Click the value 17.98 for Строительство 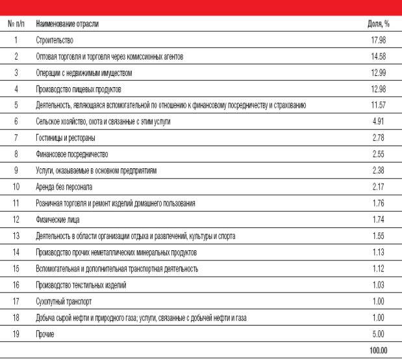click(x=380, y=40)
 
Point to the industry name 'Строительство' click(x=54, y=40)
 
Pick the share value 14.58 click(x=380, y=57)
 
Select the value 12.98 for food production click(x=380, y=89)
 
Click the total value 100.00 click(x=379, y=350)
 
